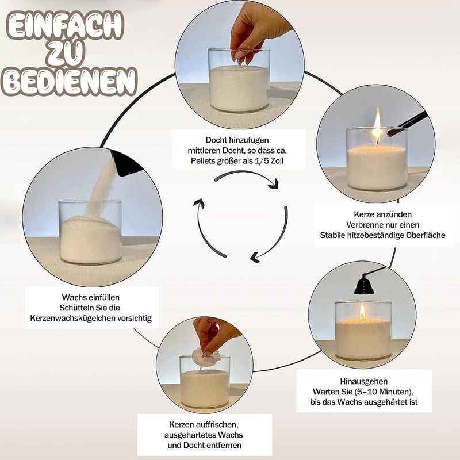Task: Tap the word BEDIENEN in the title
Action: [69, 82]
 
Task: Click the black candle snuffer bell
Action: [364, 286]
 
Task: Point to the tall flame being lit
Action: [377, 125]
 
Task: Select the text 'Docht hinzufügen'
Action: [237, 140]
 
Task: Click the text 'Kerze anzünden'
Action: [382, 214]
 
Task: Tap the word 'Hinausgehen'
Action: [364, 381]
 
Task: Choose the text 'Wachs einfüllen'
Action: [91, 297]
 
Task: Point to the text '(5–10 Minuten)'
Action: [384, 392]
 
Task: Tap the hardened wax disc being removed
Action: [205, 356]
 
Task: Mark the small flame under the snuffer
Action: [363, 312]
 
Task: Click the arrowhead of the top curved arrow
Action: [274, 184]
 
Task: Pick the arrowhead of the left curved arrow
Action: [200, 203]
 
